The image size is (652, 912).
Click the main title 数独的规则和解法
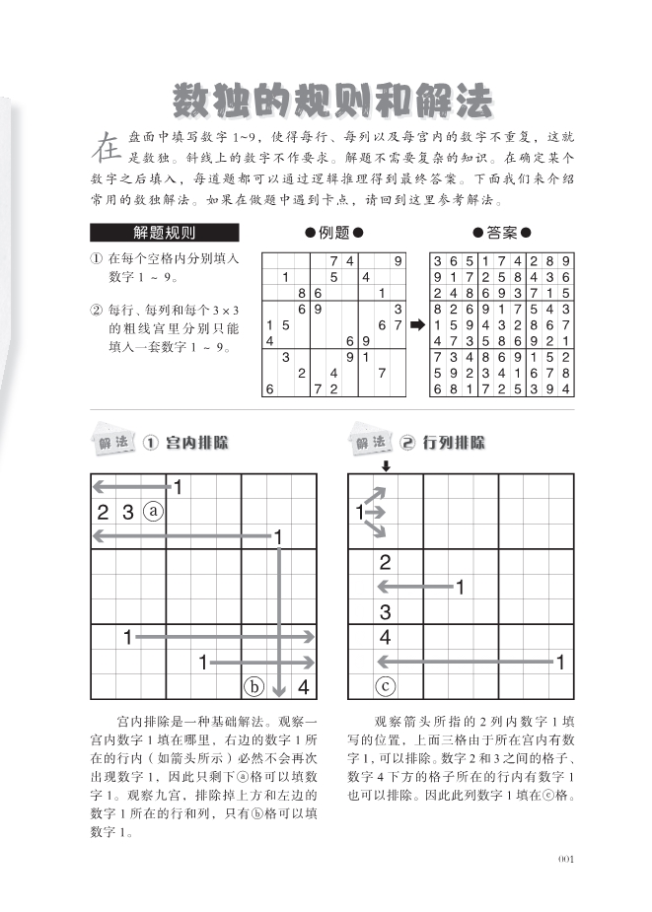332,100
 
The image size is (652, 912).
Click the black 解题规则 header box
164,234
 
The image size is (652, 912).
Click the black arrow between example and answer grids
417,323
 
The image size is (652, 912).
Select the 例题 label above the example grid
334,233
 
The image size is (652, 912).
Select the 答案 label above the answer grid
502,233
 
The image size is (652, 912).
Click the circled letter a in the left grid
153,512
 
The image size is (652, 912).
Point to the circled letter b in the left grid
254,687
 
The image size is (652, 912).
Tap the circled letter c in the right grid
386,687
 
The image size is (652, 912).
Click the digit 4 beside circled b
304,687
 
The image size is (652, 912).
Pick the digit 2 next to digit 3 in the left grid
103,512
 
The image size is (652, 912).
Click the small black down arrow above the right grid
386,465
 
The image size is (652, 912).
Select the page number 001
564,859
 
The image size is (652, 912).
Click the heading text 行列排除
455,443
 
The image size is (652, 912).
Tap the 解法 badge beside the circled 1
112,443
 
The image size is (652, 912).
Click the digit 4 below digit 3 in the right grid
386,637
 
